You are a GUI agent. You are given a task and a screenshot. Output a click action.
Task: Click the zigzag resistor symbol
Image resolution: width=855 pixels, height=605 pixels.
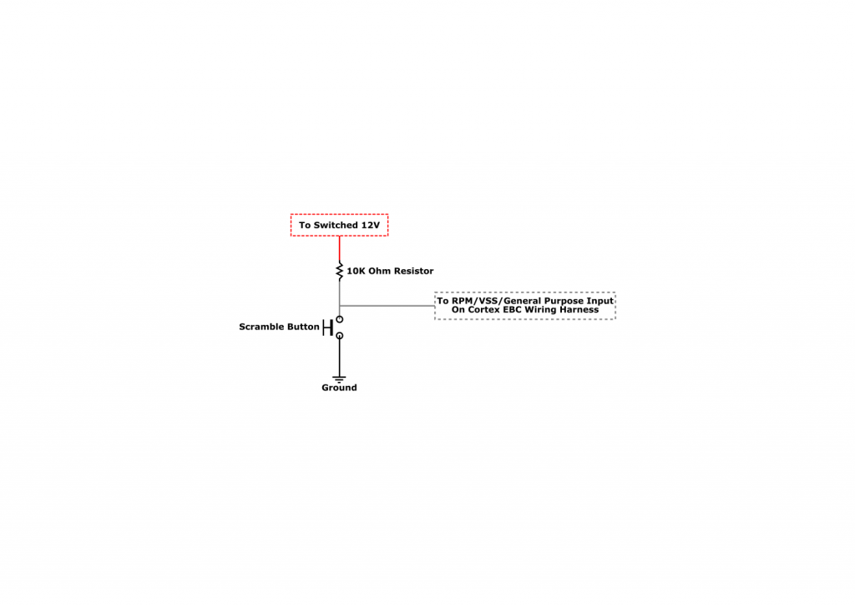(x=340, y=271)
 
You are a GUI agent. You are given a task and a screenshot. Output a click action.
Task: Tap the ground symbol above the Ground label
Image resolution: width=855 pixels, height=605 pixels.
(x=339, y=379)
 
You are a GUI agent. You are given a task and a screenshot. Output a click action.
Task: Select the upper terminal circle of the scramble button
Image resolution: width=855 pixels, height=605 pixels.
(x=340, y=319)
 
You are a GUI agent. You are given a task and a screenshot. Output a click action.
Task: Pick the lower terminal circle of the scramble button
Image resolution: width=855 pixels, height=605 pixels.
(x=340, y=335)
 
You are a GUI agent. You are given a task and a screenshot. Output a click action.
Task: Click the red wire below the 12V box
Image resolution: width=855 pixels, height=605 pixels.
(x=340, y=249)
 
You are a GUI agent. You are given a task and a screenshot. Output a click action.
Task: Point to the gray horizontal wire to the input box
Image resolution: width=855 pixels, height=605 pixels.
(x=387, y=306)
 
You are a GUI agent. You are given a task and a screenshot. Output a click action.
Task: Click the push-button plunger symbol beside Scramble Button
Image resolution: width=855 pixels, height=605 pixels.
(x=327, y=328)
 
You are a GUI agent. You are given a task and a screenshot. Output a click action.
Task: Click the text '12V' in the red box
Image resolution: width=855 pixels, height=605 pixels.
(x=370, y=225)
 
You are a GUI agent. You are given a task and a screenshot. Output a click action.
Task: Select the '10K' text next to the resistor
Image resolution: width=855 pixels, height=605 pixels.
(x=356, y=271)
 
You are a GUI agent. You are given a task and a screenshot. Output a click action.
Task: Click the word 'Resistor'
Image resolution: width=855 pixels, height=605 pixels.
(x=414, y=271)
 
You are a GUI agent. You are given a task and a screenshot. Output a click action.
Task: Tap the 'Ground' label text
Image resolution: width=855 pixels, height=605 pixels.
(x=339, y=388)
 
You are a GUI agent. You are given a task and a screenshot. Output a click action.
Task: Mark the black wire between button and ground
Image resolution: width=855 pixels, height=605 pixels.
(x=340, y=358)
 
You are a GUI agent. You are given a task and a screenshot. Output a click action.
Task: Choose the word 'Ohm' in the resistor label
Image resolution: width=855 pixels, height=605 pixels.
(x=380, y=271)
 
